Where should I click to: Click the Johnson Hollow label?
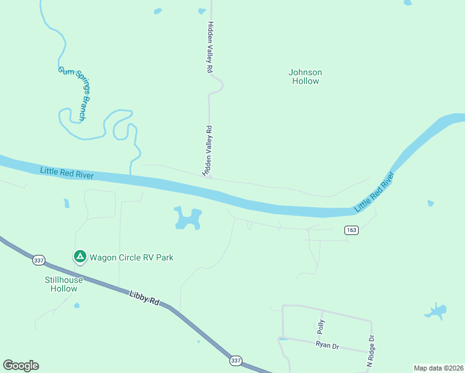305,76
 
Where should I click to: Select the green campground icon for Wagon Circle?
80,256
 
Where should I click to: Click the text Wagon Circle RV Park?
131,257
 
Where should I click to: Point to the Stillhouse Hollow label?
63,284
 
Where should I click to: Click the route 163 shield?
352,230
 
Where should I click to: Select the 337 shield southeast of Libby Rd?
236,361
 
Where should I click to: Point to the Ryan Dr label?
326,344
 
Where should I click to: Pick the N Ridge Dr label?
371,352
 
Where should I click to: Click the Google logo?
21,366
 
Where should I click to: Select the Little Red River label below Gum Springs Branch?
67,173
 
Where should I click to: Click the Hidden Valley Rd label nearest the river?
208,151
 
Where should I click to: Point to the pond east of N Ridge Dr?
436,310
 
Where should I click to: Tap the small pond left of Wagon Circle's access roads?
66,203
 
